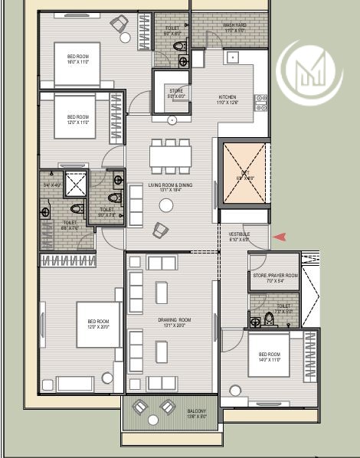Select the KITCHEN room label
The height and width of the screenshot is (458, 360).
[228, 98]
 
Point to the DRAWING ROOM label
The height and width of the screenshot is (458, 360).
[174, 321]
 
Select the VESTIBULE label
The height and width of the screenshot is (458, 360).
[239, 235]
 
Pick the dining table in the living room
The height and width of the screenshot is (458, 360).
[171, 156]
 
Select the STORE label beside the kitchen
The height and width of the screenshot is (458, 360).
[176, 93]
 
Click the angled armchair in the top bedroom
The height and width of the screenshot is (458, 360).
[120, 24]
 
